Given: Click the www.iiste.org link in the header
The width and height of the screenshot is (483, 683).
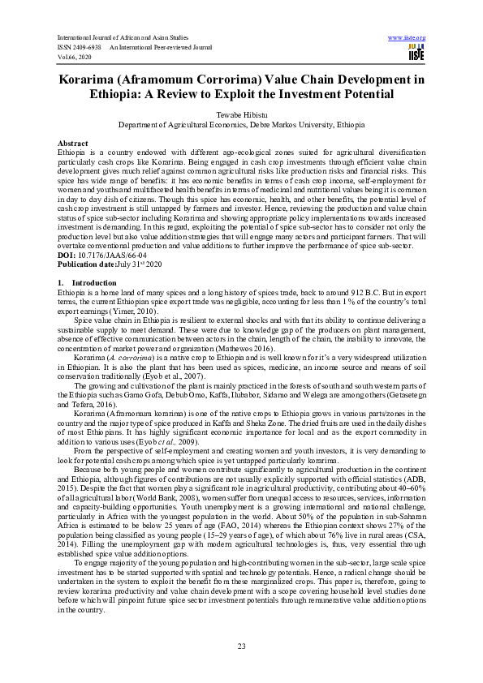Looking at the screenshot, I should [x=408, y=38].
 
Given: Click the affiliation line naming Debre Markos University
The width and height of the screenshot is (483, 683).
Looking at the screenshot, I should [x=241, y=126].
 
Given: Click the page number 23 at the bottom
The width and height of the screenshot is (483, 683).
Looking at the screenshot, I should [x=241, y=645].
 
